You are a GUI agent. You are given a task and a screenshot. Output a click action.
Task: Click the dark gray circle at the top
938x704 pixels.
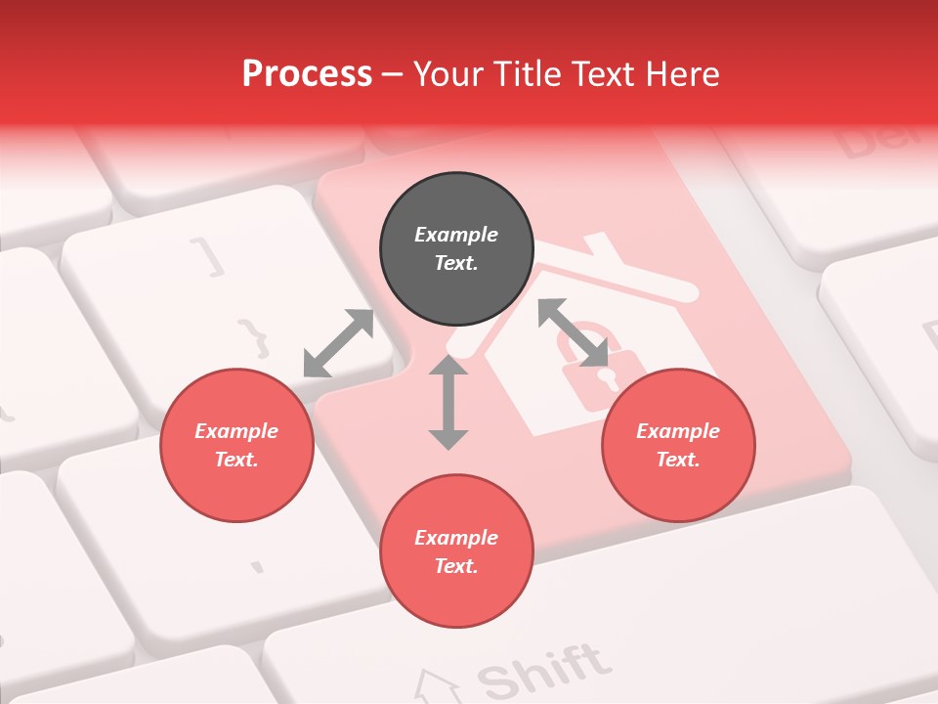(x=456, y=249)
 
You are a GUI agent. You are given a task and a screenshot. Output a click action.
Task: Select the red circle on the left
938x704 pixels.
(x=236, y=446)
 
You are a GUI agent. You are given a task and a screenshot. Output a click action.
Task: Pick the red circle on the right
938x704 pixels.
(x=678, y=446)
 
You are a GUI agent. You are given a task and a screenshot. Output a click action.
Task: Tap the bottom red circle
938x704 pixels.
(x=456, y=551)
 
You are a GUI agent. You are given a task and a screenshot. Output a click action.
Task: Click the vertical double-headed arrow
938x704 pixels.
(x=448, y=402)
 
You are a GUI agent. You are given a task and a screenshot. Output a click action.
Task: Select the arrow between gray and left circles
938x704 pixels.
(x=338, y=343)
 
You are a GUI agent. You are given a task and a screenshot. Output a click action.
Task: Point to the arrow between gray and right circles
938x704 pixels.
(x=574, y=332)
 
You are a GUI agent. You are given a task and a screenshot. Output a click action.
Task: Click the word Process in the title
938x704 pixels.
(x=307, y=73)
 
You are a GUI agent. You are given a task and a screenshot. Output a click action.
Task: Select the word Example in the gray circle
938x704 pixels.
(x=456, y=235)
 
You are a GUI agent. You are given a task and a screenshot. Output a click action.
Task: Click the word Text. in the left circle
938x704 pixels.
(x=236, y=460)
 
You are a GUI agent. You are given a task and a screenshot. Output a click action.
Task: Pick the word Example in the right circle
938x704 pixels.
(x=678, y=431)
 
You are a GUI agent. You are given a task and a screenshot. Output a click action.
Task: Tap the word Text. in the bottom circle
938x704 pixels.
(x=456, y=566)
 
